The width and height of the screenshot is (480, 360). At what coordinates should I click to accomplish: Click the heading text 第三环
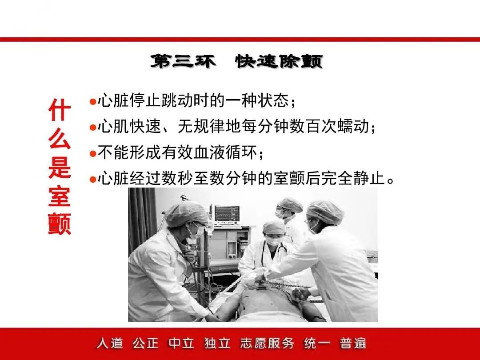(183, 61)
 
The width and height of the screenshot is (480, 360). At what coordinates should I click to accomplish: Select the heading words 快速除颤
(279, 61)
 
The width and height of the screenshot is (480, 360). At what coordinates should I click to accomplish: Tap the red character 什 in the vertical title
(60, 110)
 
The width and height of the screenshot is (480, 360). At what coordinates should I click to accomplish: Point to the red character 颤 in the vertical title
(60, 224)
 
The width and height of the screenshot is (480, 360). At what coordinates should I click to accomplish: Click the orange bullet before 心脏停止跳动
(93, 101)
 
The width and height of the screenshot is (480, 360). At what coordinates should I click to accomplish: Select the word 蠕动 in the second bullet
(353, 126)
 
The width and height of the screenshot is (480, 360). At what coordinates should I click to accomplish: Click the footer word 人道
(110, 343)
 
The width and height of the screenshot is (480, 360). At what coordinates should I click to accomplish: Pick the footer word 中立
(181, 343)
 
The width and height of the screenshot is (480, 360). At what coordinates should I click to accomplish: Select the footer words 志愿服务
(267, 343)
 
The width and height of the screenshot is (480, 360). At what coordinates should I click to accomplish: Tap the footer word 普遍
(353, 343)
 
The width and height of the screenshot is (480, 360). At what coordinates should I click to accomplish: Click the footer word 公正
(146, 343)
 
